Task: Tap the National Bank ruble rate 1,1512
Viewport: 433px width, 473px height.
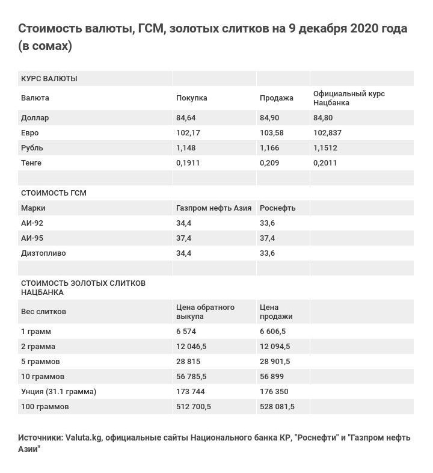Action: point(325,148)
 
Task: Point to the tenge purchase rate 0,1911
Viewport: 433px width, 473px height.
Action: point(188,163)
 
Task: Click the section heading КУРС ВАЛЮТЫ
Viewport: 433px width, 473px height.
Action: point(49,79)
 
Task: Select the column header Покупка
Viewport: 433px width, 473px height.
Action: point(191,98)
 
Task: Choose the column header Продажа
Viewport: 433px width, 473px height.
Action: point(277,98)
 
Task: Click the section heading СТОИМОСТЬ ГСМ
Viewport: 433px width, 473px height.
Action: point(54,193)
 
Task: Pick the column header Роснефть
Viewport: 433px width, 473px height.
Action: point(278,208)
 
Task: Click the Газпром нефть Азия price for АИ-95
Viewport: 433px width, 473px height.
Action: point(183,238)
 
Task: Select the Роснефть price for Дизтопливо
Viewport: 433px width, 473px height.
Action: point(267,253)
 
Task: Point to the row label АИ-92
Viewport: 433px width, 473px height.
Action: point(32,223)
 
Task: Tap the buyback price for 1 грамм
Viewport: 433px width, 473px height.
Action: point(186,332)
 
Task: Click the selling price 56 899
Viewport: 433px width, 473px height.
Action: point(273,377)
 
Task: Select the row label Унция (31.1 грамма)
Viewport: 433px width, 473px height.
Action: point(58,392)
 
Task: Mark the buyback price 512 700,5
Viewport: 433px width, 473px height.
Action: point(193,407)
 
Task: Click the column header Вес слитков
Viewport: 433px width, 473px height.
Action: point(43,312)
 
